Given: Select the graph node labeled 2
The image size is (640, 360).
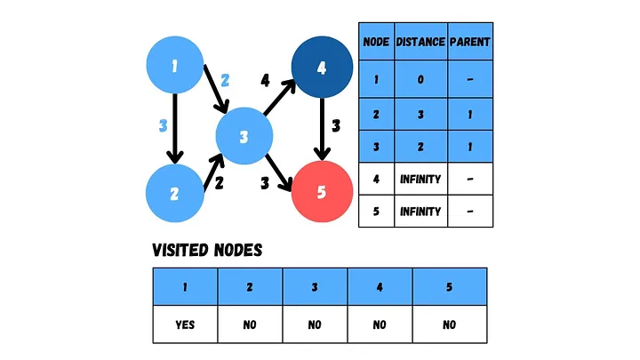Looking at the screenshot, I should pyautogui.click(x=175, y=193).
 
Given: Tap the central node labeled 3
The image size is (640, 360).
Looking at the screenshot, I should pyautogui.click(x=244, y=137).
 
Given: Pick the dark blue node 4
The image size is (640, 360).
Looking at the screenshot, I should pyautogui.click(x=321, y=67).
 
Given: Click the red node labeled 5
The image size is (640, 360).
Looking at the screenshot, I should pyautogui.click(x=321, y=191).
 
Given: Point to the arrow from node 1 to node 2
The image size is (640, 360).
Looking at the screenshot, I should pyautogui.click(x=175, y=129).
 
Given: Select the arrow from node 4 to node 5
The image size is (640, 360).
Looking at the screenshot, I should pyautogui.click(x=321, y=129).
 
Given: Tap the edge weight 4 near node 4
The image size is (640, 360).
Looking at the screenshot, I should pyautogui.click(x=265, y=81).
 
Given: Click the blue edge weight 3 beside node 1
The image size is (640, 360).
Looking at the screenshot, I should pyautogui.click(x=163, y=126).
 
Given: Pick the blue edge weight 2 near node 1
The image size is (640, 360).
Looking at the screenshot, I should pyautogui.click(x=225, y=80).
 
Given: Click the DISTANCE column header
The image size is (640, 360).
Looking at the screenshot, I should pyautogui.click(x=420, y=42).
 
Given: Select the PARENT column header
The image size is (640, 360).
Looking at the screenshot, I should pyautogui.click(x=469, y=42).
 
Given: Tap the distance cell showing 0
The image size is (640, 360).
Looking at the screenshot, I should pyautogui.click(x=420, y=80).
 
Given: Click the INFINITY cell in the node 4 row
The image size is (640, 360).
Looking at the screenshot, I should pyautogui.click(x=420, y=180).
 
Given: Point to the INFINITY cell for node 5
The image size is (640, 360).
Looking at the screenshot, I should pyautogui.click(x=420, y=212).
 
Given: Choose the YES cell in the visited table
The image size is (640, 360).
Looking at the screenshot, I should pyautogui.click(x=185, y=324).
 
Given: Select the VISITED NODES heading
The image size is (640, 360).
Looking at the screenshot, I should pyautogui.click(x=207, y=251).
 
